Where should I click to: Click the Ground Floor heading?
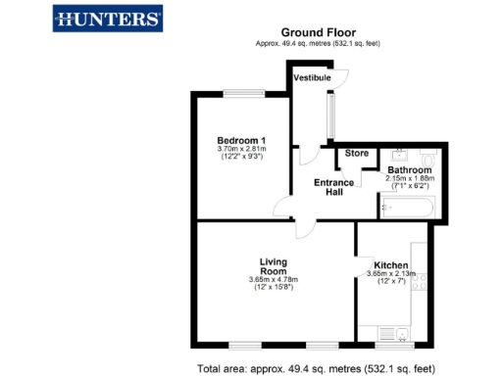coord(317,32)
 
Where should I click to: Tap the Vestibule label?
coord(317,78)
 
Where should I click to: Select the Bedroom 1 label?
coord(241,140)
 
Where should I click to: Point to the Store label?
coord(356,153)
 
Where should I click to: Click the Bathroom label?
coord(409,169)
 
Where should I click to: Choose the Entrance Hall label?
coord(334,187)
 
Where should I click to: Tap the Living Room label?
coord(274,266)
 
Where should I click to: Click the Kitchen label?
coord(391,265)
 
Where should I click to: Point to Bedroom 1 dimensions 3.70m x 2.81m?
coord(241,149)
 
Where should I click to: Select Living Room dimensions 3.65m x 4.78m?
coord(274,281)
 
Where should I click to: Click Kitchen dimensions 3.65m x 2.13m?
coord(391,274)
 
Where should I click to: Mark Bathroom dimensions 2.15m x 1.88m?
coord(409,178)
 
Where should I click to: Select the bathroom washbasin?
coord(401,155)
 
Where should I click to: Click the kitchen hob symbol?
coord(421,284)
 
